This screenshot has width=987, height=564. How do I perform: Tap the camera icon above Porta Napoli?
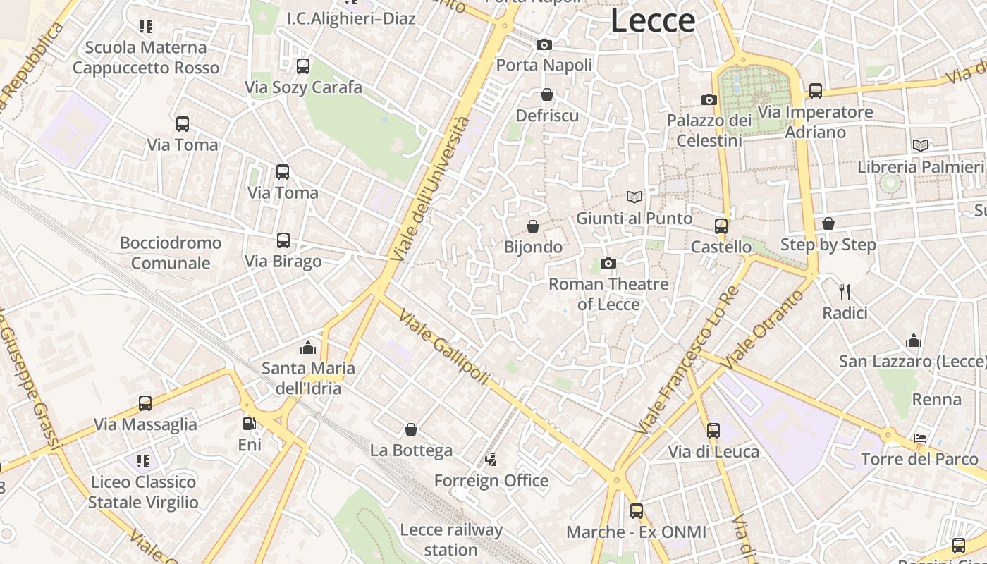544,45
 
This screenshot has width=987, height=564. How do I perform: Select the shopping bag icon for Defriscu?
547,94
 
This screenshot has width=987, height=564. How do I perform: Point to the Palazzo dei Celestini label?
709,130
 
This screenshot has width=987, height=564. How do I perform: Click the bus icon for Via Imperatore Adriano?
816,91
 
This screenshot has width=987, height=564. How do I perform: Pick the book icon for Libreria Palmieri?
921,146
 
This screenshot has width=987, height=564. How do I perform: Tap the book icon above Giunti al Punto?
634,197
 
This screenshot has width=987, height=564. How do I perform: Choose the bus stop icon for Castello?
721,226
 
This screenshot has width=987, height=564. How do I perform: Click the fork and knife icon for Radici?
845,291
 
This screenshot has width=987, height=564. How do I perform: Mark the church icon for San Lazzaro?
914,341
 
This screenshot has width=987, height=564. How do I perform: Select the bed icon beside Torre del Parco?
920,439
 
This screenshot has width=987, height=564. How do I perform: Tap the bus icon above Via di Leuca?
713,431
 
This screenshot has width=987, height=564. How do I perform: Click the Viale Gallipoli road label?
443,346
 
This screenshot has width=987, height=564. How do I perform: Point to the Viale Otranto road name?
764,329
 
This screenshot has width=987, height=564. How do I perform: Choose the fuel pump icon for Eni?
249,424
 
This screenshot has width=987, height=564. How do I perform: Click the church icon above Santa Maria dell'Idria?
307,347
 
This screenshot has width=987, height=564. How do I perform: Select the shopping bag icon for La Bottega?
411,429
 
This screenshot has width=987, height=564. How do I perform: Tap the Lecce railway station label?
451,539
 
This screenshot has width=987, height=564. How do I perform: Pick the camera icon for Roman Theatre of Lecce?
608,264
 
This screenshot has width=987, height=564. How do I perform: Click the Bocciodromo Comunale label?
171,253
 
